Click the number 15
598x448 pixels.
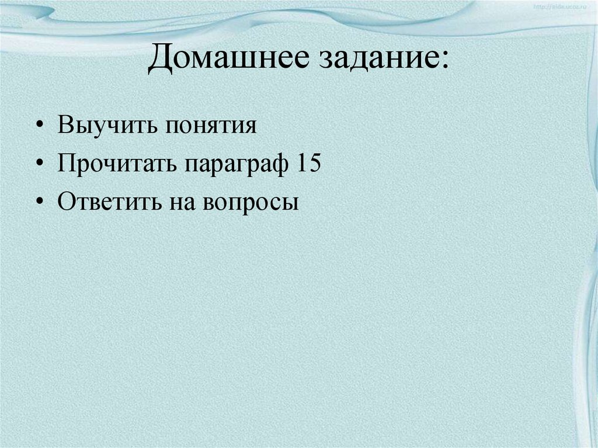(308, 164)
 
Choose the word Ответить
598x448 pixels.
(110, 202)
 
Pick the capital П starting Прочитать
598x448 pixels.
(66, 164)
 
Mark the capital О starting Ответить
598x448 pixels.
(66, 202)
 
